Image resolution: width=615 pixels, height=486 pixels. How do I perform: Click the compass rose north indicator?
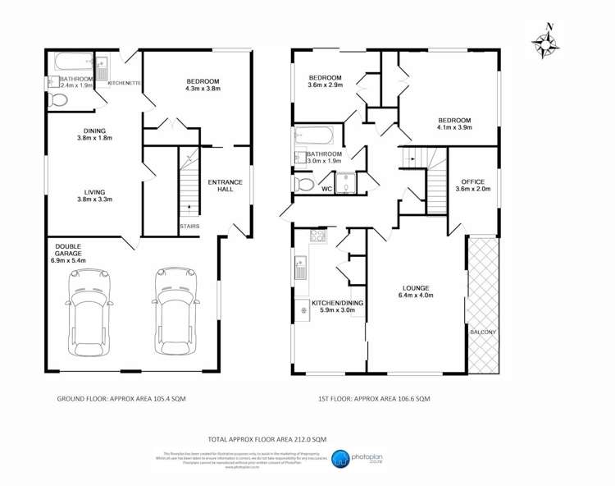click(544, 40)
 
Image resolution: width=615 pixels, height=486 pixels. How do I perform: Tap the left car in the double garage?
click(85, 312)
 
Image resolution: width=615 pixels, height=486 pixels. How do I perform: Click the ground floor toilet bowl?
click(58, 101)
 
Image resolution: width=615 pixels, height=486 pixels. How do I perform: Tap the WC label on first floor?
click(326, 188)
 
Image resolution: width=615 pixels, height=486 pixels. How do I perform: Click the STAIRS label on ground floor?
click(189, 226)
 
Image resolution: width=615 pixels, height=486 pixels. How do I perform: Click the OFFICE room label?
click(471, 181)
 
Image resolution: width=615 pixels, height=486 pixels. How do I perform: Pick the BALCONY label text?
click(482, 332)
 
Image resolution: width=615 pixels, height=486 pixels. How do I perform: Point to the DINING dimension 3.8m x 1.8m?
click(93, 137)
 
